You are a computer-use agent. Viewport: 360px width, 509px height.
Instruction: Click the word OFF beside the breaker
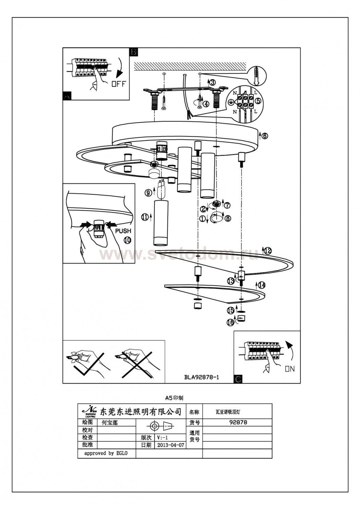coord(119,83)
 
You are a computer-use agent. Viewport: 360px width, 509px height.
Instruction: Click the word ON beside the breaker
coord(290,369)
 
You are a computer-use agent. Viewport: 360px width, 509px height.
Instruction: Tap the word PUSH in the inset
coord(123,231)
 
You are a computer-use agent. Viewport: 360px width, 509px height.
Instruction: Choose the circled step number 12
coord(268,251)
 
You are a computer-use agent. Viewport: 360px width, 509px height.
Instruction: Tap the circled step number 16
coord(231,322)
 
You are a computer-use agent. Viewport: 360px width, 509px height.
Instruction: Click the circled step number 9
coord(148,193)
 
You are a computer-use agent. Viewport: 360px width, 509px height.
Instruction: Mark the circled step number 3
coord(212,82)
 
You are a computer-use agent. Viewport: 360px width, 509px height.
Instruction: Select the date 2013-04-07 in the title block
coord(171,445)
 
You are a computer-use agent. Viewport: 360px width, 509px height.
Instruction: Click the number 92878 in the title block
coord(238,422)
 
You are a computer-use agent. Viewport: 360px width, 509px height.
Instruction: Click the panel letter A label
coord(67,96)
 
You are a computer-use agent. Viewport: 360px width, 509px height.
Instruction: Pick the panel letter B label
coord(133,52)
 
